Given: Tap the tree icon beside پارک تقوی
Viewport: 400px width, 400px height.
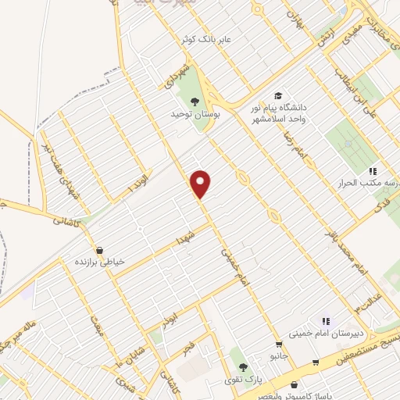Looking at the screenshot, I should (242, 366).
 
